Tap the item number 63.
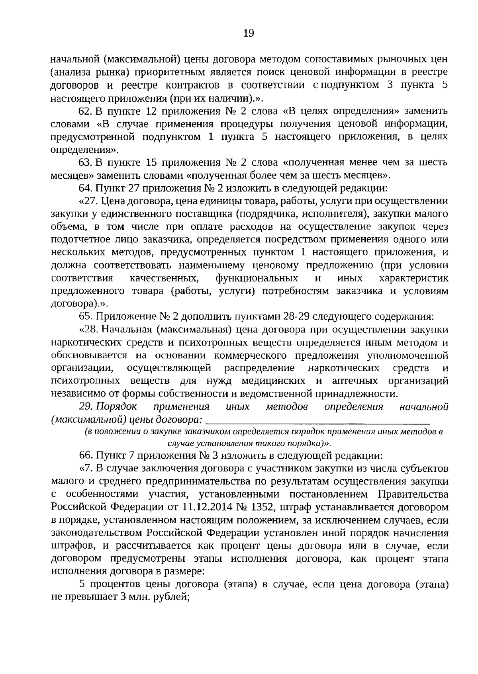point(85,162)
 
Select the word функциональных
point(257,278)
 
